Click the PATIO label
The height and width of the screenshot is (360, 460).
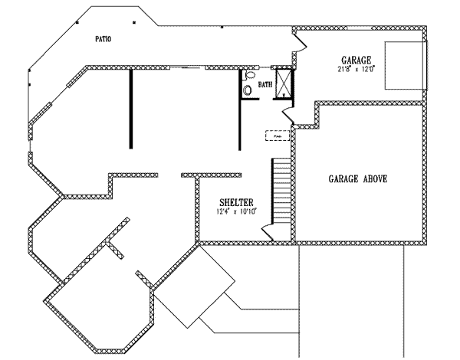(x=102, y=38)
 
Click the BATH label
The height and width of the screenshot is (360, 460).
(x=265, y=84)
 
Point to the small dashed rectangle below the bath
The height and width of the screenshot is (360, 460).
(x=277, y=136)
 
